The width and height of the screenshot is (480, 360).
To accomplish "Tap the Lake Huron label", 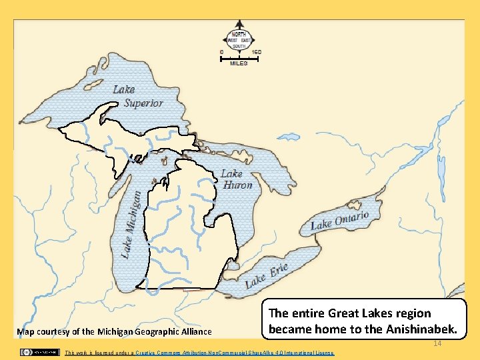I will click(x=236, y=179).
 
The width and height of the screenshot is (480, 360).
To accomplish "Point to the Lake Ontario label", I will click(x=339, y=221).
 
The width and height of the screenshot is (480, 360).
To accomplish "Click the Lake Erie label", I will click(x=267, y=275).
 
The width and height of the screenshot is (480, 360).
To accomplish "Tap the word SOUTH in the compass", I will click(x=239, y=46).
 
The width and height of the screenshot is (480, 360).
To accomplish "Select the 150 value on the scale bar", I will click(x=257, y=51).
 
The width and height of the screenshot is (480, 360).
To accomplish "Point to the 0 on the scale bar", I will click(x=221, y=51).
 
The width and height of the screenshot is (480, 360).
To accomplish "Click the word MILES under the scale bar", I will click(x=239, y=63).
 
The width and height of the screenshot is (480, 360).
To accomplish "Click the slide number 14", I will click(x=437, y=343).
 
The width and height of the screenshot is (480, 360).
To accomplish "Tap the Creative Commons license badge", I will click(x=39, y=352).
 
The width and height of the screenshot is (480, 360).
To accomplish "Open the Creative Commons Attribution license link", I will click(x=234, y=353).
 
